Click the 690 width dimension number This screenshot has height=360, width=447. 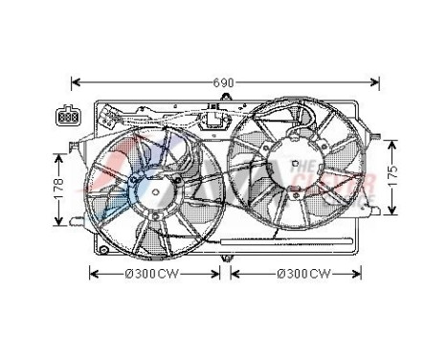[222, 83]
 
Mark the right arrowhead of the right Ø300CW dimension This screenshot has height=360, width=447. [361, 274]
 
